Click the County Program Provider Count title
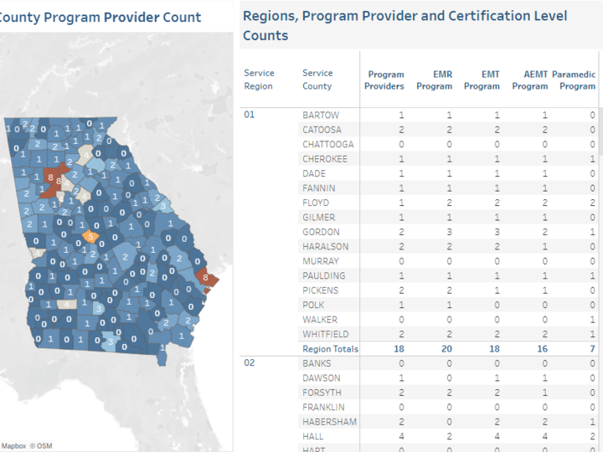(100, 17)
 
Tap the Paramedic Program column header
(577, 80)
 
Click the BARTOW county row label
(321, 115)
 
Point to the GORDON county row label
(321, 232)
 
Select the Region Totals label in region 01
(330, 349)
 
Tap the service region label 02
(250, 363)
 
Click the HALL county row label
(314, 437)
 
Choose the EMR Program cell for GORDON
(449, 232)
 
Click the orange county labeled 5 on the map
(90, 237)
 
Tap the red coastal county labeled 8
(203, 278)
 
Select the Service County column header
(317, 80)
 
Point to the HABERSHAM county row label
(329, 422)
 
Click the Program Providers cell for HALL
(401, 437)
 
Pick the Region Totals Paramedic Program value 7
(592, 349)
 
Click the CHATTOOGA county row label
(327, 144)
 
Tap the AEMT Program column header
(529, 80)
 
